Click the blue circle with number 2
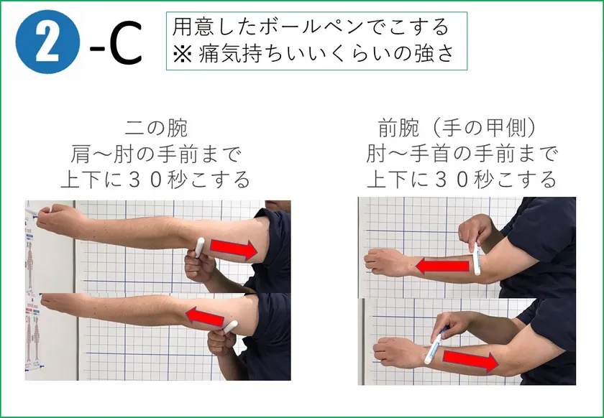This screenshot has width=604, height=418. (47, 42)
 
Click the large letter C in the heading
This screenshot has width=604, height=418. (126, 42)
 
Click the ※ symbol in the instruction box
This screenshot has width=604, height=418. (182, 54)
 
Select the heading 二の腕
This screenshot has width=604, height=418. (156, 128)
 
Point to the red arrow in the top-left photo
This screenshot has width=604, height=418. (234, 249)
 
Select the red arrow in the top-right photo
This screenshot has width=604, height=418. (443, 266)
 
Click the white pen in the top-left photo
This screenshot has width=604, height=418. (199, 248)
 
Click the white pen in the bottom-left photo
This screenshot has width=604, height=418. (230, 327)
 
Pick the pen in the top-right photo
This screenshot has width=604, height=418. (477, 259)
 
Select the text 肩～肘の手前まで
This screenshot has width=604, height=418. (156, 154)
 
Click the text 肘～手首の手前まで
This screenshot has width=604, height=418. (462, 154)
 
